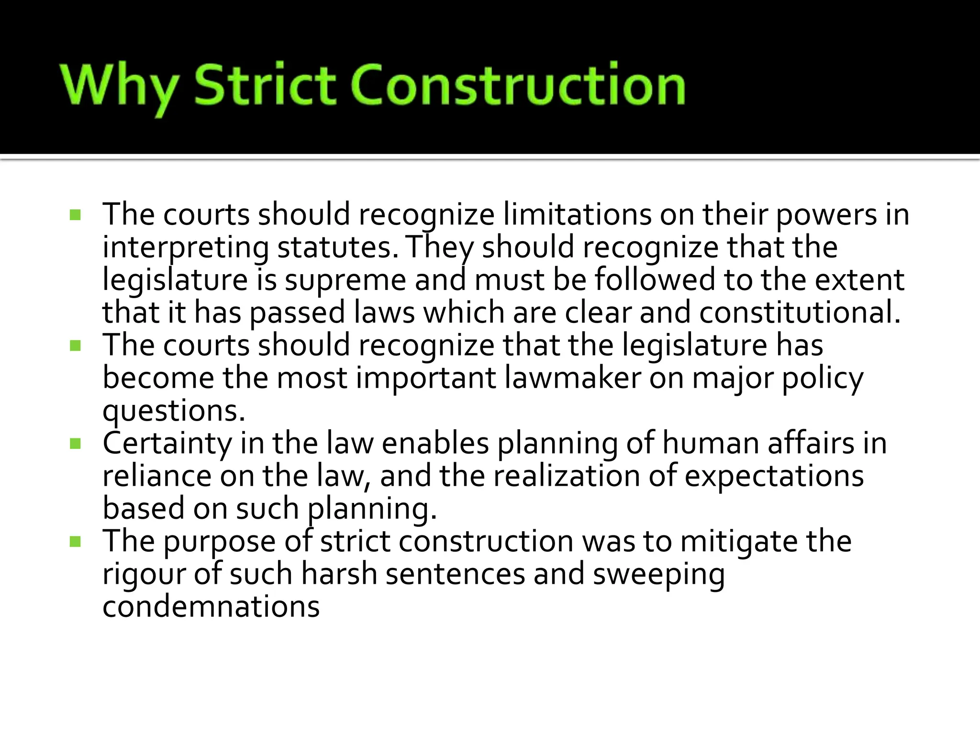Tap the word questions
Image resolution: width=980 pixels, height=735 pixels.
pos(174,411)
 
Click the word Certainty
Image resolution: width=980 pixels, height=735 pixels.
pos(167,444)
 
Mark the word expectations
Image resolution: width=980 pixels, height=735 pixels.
pos(774,476)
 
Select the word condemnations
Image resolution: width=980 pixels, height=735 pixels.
pos(211,606)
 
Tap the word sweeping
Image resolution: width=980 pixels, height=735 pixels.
pos(659,574)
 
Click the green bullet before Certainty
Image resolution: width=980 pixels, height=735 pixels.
pos(75,444)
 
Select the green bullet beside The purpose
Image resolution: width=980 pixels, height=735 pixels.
pos(75,542)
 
